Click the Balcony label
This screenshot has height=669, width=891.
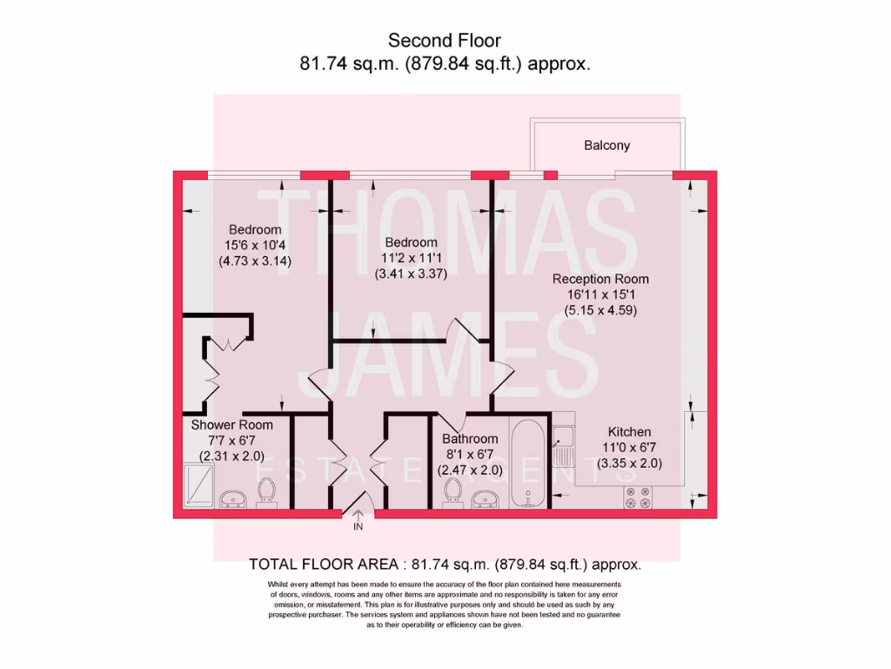606,145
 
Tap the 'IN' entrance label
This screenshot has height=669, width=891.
358,527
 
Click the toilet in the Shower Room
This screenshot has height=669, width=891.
267,493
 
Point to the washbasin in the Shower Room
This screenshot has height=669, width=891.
232,498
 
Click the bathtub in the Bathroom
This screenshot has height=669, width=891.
527,463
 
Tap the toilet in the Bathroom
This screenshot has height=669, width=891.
452,493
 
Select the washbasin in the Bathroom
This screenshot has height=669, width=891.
485,498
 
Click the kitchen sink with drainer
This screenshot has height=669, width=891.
564,447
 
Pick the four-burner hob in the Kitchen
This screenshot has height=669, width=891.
640,497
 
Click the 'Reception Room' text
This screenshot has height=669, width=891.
600,280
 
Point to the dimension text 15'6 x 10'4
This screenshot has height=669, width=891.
255,245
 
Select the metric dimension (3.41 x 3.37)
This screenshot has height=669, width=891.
411,273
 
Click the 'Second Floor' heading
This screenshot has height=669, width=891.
444,40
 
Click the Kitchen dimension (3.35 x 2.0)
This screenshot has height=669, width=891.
629,463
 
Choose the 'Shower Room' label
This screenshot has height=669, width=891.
232,425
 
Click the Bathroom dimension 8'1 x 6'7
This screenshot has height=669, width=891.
470,455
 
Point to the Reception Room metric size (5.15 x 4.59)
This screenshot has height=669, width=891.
600,309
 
